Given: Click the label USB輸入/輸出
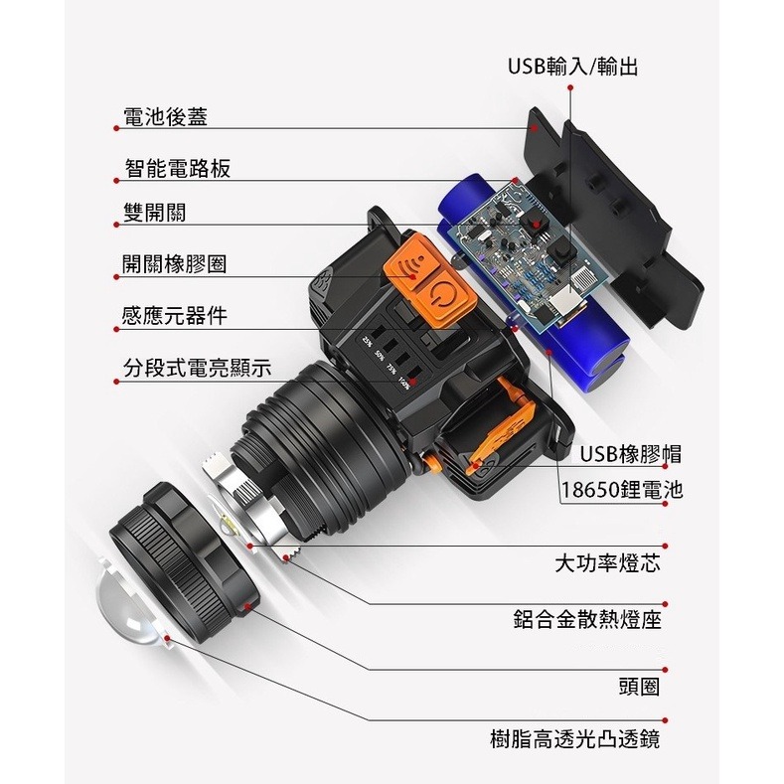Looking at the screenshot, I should click(571, 67).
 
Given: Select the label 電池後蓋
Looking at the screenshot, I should click(165, 117).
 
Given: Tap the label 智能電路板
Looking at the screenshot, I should click(178, 168).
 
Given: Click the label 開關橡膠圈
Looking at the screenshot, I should click(174, 263).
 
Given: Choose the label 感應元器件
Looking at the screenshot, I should click(174, 316).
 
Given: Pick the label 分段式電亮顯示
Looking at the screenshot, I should click(196, 369).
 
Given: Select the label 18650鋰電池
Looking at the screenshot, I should click(622, 490).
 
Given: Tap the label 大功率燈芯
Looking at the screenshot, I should click(607, 564).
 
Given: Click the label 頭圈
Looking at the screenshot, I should click(638, 687).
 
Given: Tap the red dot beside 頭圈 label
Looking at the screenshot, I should click(666, 671).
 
